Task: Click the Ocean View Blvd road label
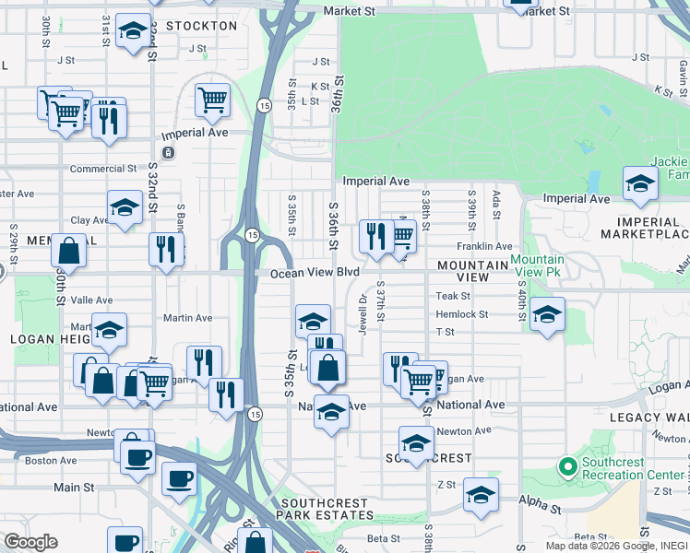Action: tap(315, 273)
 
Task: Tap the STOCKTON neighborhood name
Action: tap(202, 26)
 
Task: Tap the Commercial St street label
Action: tap(103, 169)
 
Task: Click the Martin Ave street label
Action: tap(187, 318)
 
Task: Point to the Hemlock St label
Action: tap(462, 314)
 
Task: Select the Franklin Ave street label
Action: tap(484, 246)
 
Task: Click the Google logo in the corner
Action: tap(30, 542)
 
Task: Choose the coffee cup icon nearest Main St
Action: tap(179, 477)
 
